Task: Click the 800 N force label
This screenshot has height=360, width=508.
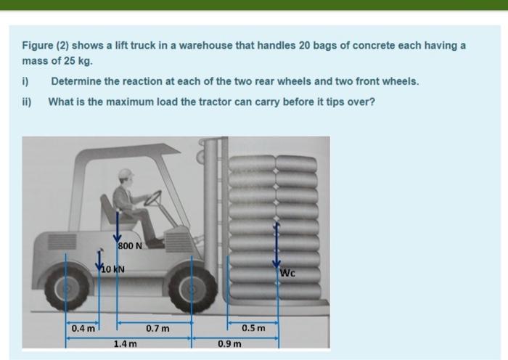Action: pyautogui.click(x=130, y=246)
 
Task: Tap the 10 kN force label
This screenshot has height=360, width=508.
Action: pyautogui.click(x=112, y=269)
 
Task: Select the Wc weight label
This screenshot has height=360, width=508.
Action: pyautogui.click(x=287, y=273)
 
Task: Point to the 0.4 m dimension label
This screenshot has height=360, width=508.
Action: pyautogui.click(x=83, y=329)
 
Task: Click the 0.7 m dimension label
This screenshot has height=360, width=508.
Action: pyautogui.click(x=157, y=329)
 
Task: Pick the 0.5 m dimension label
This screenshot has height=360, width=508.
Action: pyautogui.click(x=253, y=328)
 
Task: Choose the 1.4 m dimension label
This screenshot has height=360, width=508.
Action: pyautogui.click(x=125, y=344)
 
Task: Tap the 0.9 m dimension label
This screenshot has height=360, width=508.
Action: pyautogui.click(x=229, y=344)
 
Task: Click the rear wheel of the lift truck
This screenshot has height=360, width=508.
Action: pyautogui.click(x=67, y=287)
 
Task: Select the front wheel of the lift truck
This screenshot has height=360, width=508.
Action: pyautogui.click(x=192, y=289)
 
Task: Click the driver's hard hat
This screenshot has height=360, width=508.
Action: pyautogui.click(x=126, y=173)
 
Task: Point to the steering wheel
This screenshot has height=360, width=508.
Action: pyautogui.click(x=152, y=198)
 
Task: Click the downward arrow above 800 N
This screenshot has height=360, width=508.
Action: pyautogui.click(x=117, y=227)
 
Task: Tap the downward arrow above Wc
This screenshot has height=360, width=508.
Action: pyautogui.click(x=276, y=245)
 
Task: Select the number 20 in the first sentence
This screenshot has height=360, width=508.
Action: pyautogui.click(x=304, y=46)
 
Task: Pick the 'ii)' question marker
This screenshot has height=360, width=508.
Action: pyautogui.click(x=27, y=102)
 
